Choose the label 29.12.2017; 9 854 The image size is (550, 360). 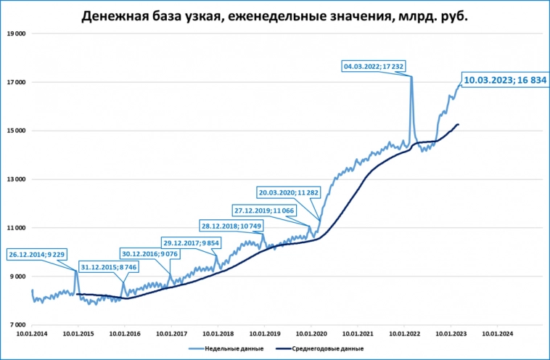tap(191, 242)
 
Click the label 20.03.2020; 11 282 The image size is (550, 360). tap(290, 192)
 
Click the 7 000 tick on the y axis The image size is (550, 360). tap(17, 325)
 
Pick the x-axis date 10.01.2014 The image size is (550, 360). tap(32, 334)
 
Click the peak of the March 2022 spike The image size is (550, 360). tap(411, 76)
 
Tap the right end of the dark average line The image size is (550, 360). tap(458, 125)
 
